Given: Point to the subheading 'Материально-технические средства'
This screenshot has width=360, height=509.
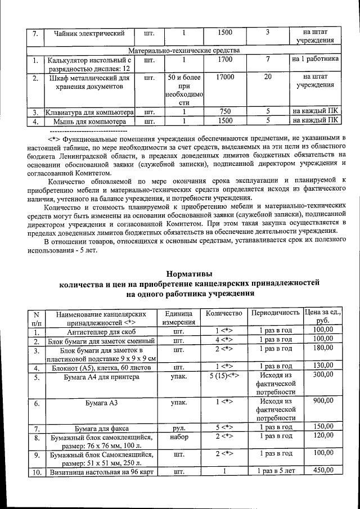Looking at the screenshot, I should click(x=188, y=50).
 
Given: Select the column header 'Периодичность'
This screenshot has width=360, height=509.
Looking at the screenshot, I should click(x=276, y=313).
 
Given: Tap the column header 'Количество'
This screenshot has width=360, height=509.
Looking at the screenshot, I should click(x=224, y=313).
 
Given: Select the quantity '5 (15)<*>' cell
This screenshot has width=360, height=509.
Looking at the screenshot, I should click(x=224, y=375).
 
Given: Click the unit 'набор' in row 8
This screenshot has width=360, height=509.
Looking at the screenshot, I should click(x=179, y=436).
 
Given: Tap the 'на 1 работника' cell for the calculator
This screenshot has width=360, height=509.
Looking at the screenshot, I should click(x=315, y=58).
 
